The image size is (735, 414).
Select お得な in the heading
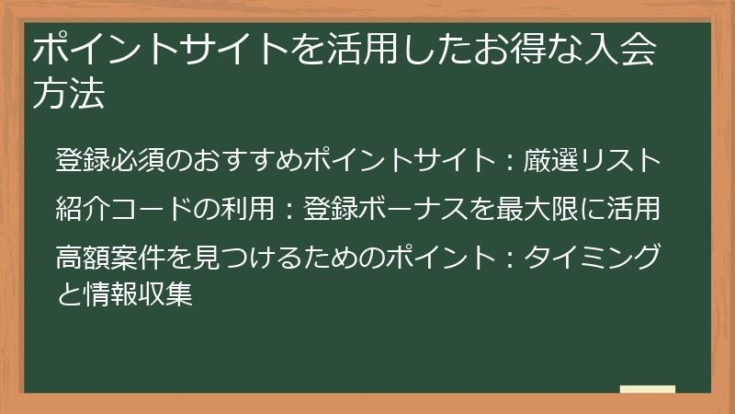(x=525, y=51)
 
